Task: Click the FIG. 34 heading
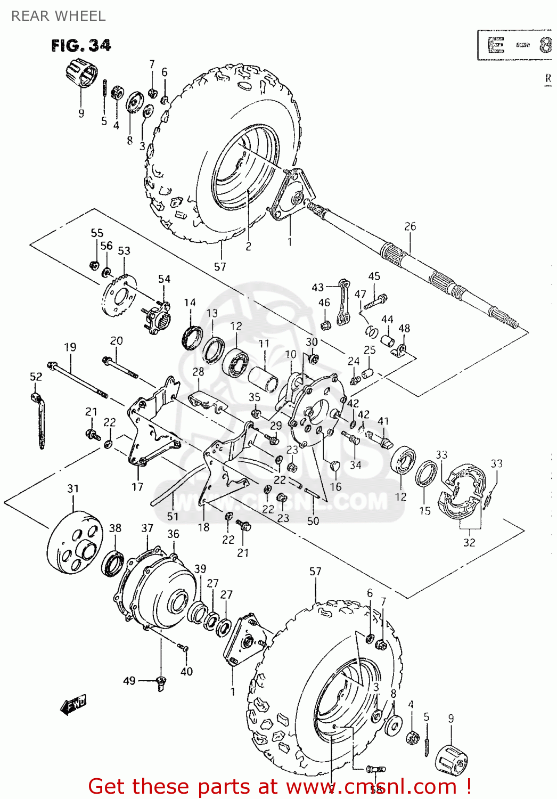click(81, 46)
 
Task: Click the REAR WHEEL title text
click(58, 16)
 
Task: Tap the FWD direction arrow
click(73, 705)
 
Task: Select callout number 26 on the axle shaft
click(409, 226)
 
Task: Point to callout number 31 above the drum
click(73, 488)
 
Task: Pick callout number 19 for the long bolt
click(70, 347)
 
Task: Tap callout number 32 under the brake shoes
click(469, 542)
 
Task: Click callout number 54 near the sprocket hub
click(164, 279)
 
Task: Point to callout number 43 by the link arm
click(317, 287)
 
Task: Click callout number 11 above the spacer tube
click(264, 344)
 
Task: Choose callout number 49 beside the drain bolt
click(129, 681)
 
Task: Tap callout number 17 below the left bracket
click(137, 486)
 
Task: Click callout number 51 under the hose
click(173, 516)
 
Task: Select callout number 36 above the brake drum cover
click(173, 534)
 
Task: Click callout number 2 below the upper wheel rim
click(248, 247)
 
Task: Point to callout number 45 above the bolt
click(374, 276)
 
